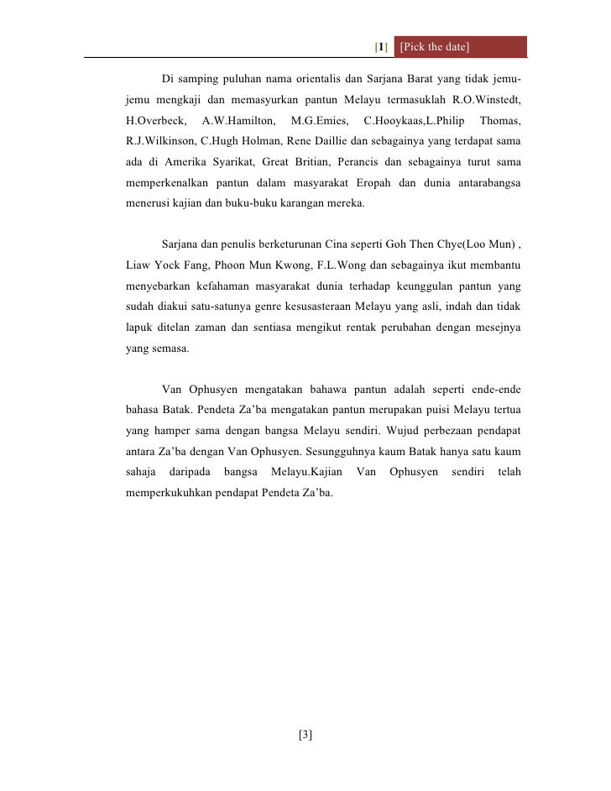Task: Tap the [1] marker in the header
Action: [381, 46]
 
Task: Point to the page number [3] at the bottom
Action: [305, 736]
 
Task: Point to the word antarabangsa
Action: [483, 183]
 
